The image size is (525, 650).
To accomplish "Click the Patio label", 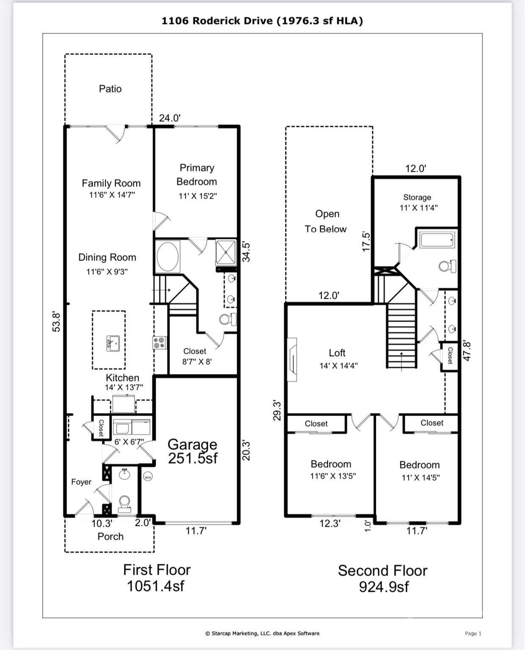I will point(110,89).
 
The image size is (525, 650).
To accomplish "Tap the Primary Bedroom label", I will point(197,175).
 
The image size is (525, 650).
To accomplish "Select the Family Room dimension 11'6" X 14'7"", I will point(112,195).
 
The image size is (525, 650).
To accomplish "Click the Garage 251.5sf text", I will point(193,452).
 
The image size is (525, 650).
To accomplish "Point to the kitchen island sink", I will point(113,343).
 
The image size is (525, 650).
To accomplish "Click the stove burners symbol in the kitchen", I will point(159,343).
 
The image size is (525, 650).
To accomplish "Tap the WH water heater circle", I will point(148,477).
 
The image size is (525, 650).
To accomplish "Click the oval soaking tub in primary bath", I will point(168,256).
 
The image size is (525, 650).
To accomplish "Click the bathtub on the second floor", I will point(437,240).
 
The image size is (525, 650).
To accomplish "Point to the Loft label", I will point(337,353).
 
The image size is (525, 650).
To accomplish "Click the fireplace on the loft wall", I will point(292,360).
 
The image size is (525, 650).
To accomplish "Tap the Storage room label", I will point(417,197).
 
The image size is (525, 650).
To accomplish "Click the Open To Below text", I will point(326,221).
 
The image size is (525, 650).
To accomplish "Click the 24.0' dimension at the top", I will point(170,118).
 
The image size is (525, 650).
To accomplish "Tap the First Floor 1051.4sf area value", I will point(156,587).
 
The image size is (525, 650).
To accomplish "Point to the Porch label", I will point(111,537).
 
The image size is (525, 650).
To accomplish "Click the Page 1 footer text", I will point(473,633).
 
